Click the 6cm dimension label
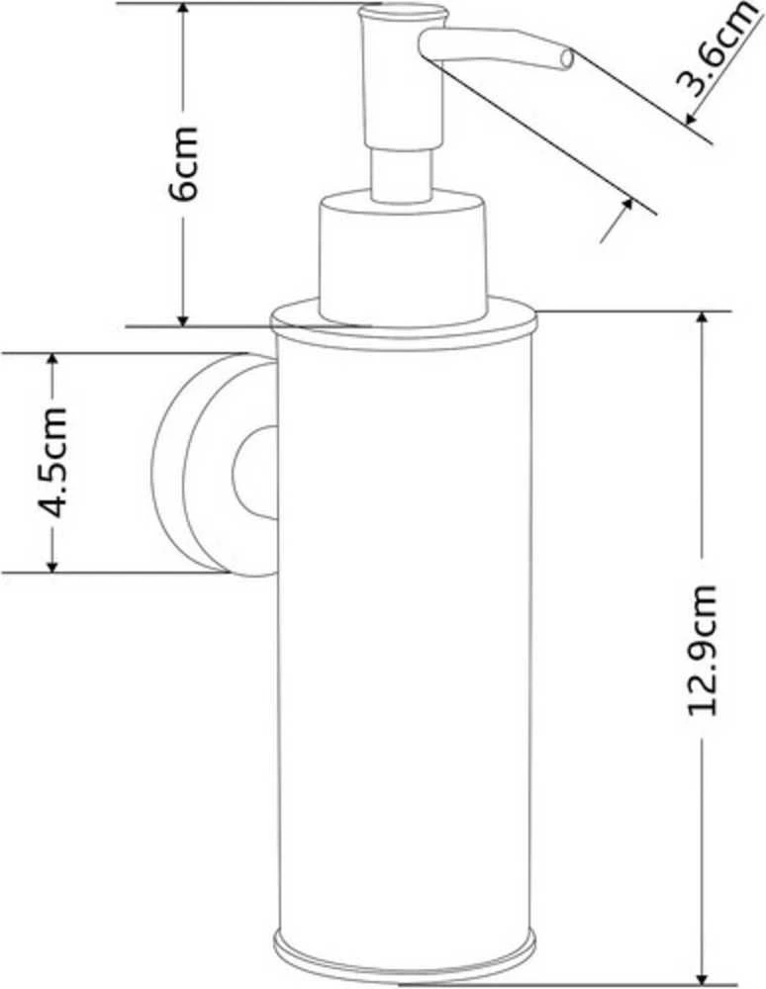184,163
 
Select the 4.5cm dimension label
50,463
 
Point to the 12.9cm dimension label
702,650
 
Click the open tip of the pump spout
566,60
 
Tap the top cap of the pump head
402,11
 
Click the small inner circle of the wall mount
255,473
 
